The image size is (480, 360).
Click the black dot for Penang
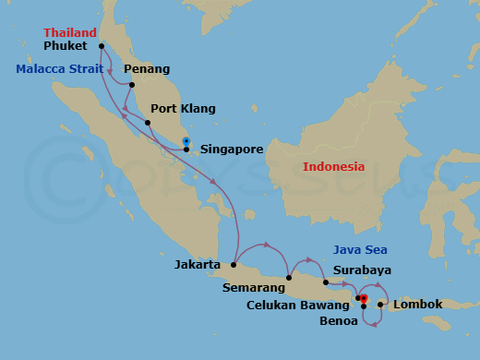pyautogui.click(x=132, y=85)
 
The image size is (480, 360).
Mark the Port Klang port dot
pyautogui.click(x=148, y=123)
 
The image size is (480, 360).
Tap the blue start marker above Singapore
pyautogui.click(x=186, y=141)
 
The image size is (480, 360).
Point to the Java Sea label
pyautogui.click(x=359, y=250)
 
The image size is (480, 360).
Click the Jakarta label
pyautogui.click(x=197, y=265)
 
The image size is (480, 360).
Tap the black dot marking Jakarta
pyautogui.click(x=234, y=265)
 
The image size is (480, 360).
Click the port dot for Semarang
pyautogui.click(x=289, y=277)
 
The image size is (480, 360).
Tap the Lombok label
pyautogui.click(x=417, y=305)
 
